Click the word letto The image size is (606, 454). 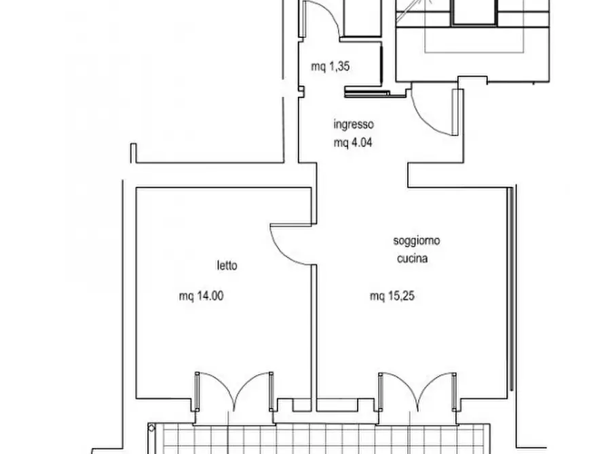click(x=227, y=266)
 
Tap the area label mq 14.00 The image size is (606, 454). click(x=202, y=296)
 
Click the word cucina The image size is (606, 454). click(x=412, y=258)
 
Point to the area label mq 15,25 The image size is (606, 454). click(x=392, y=296)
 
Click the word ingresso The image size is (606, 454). click(x=354, y=124)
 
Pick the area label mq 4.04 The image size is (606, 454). click(x=353, y=143)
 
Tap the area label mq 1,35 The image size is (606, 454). click(x=330, y=66)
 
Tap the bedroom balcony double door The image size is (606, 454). click(x=234, y=392)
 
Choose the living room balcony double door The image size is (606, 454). click(x=417, y=392)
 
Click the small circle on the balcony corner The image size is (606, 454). click(x=151, y=428)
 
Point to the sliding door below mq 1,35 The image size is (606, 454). click(x=367, y=92)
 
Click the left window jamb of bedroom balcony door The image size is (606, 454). click(x=197, y=391)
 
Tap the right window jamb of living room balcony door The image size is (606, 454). click(x=454, y=392)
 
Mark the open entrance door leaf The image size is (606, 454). click(x=455, y=112)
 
